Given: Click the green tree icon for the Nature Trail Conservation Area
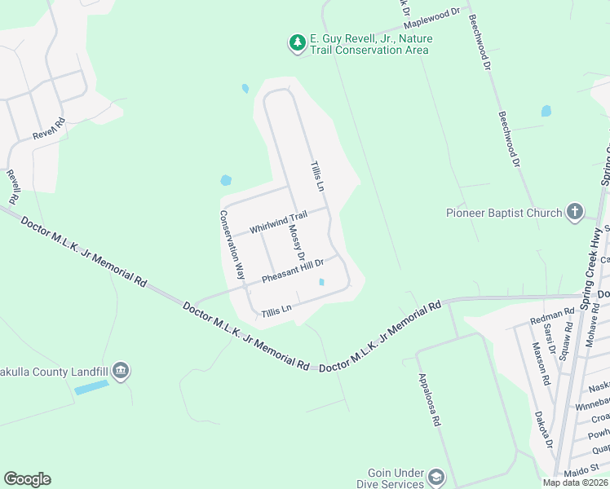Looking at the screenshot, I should click(x=298, y=42).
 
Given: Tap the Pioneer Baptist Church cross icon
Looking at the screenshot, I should click(x=574, y=213).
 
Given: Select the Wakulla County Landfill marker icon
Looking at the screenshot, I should click(x=121, y=372).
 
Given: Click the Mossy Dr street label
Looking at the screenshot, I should click(x=296, y=241).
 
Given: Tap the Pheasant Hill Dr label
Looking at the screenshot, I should click(x=293, y=271).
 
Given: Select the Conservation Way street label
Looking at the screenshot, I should click(x=232, y=245).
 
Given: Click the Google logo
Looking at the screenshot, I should click(x=27, y=479).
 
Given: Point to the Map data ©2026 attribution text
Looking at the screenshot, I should click(x=575, y=482).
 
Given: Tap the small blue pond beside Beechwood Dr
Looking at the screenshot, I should click(x=546, y=111).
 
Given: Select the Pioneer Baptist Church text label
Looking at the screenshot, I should click(x=504, y=214).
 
